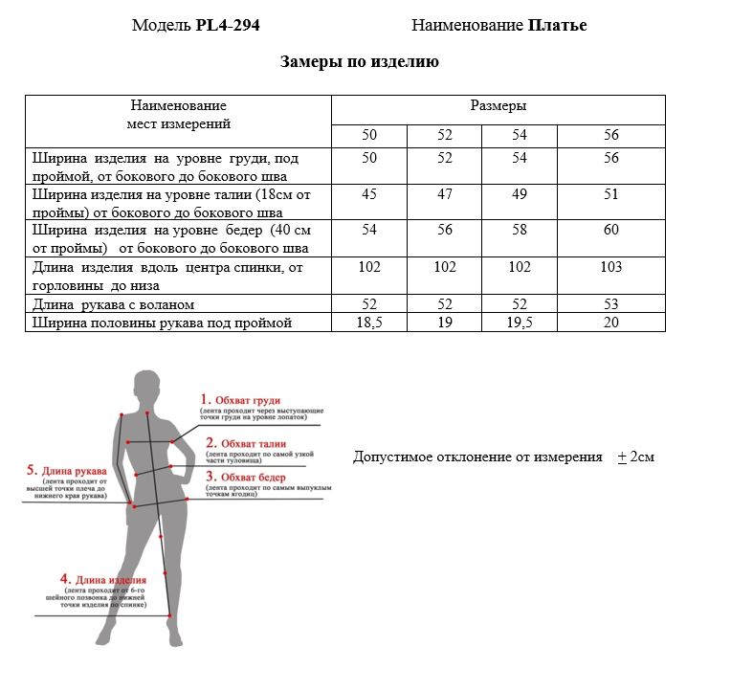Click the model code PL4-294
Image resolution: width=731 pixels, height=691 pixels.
point(227,26)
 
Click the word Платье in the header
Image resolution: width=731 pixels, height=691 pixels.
point(557,26)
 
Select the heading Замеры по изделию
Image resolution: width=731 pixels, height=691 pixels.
point(360,62)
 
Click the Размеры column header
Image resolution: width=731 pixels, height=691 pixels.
point(498,106)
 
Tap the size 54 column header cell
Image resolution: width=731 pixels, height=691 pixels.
point(519,135)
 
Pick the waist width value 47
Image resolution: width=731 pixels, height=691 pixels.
point(445,194)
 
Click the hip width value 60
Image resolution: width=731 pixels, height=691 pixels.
point(611,231)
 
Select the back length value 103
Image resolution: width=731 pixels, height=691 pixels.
point(611,267)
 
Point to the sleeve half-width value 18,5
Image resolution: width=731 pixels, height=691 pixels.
point(368,323)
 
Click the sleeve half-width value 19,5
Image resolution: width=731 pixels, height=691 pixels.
point(519,323)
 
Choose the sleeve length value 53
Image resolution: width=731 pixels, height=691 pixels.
point(611,304)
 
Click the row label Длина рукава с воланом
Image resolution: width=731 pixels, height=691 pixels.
point(114,304)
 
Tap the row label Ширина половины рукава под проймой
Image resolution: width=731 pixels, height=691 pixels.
point(162,323)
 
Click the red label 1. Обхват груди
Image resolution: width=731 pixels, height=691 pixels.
point(247,400)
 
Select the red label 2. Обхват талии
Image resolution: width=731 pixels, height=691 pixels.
point(247,443)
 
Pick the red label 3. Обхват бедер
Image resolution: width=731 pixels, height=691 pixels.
point(249,476)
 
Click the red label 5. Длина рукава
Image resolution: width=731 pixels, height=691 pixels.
point(66,470)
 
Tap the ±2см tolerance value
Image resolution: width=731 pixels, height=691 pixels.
point(636,457)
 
